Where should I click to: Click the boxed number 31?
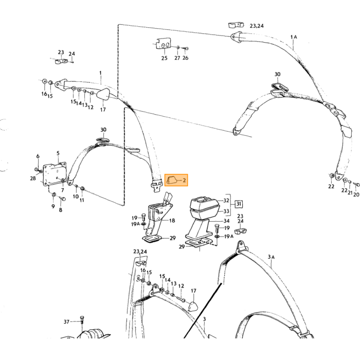coord(239,204)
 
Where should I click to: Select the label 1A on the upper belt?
coord(294,37)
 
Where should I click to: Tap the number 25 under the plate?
coord(164,58)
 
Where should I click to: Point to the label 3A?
coord(271,257)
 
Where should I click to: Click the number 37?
coord(66,322)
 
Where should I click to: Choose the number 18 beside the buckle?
coord(172,221)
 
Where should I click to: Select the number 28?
coord(33,178)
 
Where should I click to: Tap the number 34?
coord(226,221)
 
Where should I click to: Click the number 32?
coord(226,201)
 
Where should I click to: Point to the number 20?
coord(356,194)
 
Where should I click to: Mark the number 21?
coord(350,193)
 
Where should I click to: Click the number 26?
coord(185,58)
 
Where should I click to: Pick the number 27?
coord(177,58)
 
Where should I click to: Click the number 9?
coord(53,206)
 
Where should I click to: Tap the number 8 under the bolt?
coord(61,210)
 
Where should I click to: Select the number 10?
coord(76,196)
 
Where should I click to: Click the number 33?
coord(226,211)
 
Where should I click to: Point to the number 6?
coord(38,156)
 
